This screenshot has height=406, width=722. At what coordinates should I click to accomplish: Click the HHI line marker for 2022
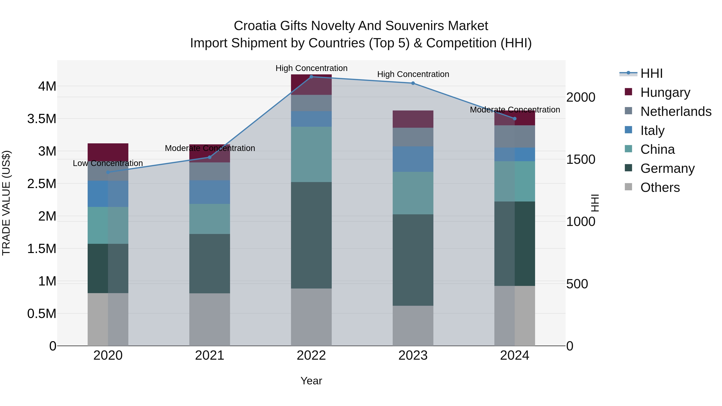click(311, 77)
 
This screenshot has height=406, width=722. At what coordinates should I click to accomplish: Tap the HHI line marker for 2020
click(108, 172)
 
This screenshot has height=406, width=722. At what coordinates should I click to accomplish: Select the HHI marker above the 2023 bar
click(413, 83)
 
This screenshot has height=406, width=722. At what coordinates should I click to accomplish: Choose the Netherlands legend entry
click(676, 111)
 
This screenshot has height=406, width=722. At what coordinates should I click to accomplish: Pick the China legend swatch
click(629, 149)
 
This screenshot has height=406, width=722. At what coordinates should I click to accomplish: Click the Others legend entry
click(660, 187)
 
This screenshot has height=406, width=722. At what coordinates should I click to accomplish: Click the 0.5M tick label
click(42, 314)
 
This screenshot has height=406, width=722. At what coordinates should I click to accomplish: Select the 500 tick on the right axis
click(577, 284)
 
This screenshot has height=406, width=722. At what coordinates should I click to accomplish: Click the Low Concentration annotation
click(108, 163)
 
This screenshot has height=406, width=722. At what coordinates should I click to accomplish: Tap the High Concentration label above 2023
click(413, 74)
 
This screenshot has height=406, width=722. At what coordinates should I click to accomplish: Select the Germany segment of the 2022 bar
click(311, 235)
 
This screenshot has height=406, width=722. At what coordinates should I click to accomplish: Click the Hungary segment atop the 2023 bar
click(413, 119)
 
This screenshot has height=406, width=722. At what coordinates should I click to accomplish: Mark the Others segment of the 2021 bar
click(210, 319)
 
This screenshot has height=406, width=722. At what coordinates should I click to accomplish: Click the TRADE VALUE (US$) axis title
click(6, 203)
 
